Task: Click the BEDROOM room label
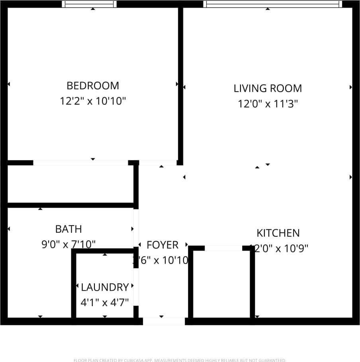coord(92,86)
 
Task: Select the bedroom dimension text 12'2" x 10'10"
coord(92,101)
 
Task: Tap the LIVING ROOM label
coord(267,89)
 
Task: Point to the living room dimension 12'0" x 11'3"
coord(267,104)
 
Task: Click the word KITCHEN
coord(278,233)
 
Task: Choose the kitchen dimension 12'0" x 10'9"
coord(279,249)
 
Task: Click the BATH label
coord(68,229)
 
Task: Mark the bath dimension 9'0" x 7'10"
coord(68,244)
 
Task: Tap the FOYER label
coord(162,245)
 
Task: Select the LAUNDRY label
coord(105,287)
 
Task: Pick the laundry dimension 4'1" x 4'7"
coord(105,303)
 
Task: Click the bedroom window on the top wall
coord(89,4)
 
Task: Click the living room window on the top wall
coord(272,4)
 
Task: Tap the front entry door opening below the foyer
coord(164,321)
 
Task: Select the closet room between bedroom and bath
coord(70,184)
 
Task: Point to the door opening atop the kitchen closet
coord(223,248)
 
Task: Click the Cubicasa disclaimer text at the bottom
coord(180,360)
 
